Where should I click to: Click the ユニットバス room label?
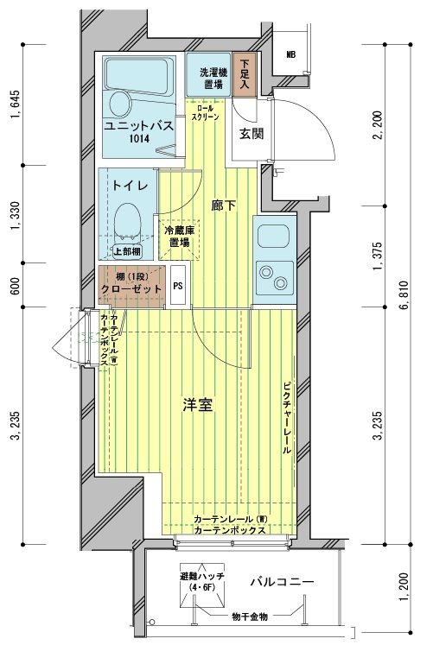(138, 125)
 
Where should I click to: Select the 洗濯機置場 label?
(213, 79)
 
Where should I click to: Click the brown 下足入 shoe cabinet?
(245, 74)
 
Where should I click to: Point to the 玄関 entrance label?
(252, 133)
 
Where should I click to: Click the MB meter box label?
(291, 54)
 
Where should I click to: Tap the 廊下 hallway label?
(224, 206)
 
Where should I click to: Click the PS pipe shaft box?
(178, 285)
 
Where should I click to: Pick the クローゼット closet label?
(131, 288)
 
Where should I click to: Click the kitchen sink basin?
(273, 236)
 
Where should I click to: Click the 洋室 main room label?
(198, 405)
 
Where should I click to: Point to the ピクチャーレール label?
(287, 419)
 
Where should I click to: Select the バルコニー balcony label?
(283, 582)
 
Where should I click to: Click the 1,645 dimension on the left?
(16, 104)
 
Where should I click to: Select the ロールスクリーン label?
(206, 113)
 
